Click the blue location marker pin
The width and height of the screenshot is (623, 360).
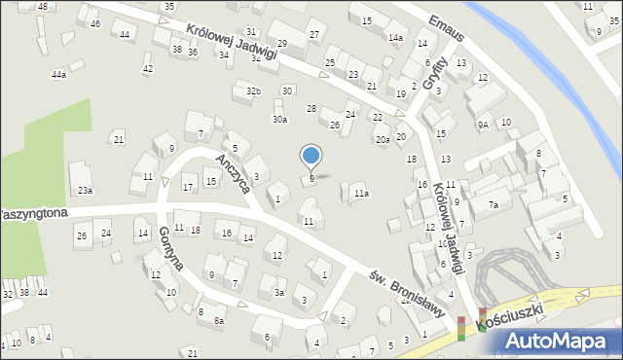[x=311, y=156]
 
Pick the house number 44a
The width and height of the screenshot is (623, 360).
[x=59, y=74]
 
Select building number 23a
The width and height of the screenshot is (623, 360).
[x=86, y=190]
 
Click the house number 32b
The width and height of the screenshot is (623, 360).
[x=253, y=90]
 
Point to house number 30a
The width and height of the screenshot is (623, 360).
[x=279, y=120]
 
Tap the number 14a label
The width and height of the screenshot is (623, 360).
[x=395, y=38]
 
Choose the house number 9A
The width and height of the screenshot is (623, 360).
[x=483, y=125]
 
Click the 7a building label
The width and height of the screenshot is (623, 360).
[x=494, y=205]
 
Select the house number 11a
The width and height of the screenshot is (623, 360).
[x=361, y=194]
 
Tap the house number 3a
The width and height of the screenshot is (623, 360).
[x=279, y=292]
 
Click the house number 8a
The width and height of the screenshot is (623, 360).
[x=219, y=320]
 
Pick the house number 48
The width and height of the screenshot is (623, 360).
[x=42, y=7]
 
